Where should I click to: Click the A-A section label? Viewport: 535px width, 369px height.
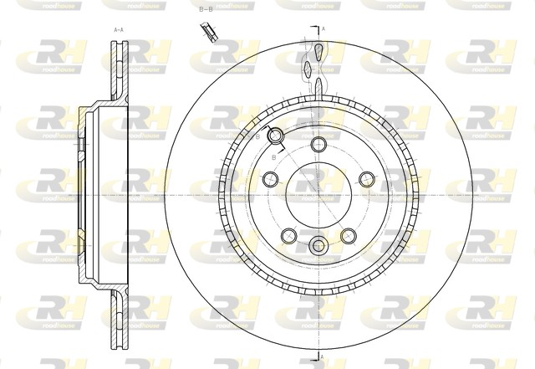coord(118,29)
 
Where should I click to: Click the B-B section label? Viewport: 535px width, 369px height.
coord(206,9)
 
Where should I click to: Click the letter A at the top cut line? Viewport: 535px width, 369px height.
coord(324,28)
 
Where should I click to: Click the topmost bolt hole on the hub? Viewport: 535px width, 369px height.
coord(318,144)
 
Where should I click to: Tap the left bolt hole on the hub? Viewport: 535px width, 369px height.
coord(269,179)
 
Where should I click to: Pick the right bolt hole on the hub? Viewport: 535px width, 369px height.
coord(366,179)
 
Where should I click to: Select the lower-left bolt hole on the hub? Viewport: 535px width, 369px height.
coord(288,235)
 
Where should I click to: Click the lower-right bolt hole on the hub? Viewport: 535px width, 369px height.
coord(348,235)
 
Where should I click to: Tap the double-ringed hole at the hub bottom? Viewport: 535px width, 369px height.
coord(318,245)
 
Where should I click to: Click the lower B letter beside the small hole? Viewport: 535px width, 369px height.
coord(273,156)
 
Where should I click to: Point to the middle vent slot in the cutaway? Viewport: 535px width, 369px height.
coord(310,69)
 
